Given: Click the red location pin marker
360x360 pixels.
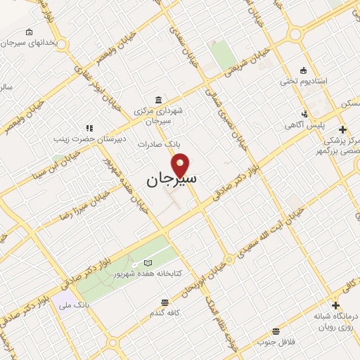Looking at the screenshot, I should tap(181, 165).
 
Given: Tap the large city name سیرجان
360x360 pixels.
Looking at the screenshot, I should tap(172, 181).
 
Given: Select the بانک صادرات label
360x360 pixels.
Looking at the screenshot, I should tap(179, 143).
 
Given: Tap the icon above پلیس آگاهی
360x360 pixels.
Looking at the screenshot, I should tap(304, 113).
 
